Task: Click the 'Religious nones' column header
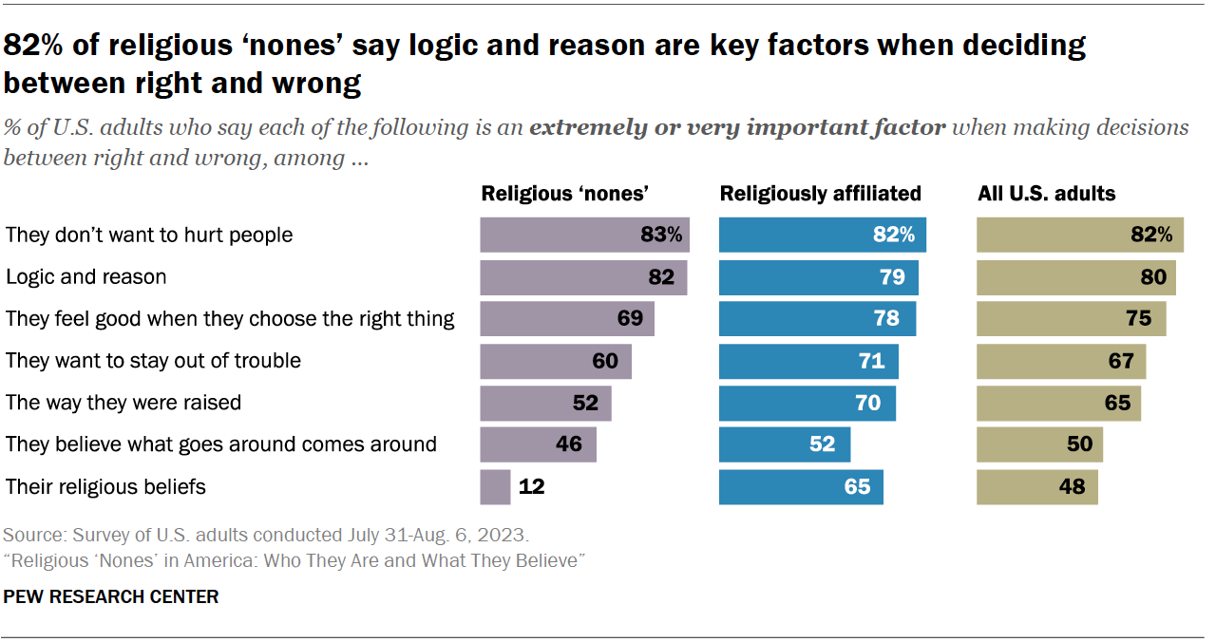(x=564, y=194)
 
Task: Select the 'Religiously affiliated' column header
(x=820, y=194)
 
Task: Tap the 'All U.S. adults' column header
(x=1047, y=194)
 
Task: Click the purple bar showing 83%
(x=584, y=235)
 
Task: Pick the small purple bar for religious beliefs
(x=495, y=487)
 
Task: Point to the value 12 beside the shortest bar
(x=531, y=487)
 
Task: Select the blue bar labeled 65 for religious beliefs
(x=801, y=487)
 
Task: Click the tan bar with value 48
(x=1037, y=487)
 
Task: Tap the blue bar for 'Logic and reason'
(x=818, y=277)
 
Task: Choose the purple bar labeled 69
(x=566, y=319)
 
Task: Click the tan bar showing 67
(x=1061, y=361)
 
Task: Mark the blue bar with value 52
(x=784, y=444)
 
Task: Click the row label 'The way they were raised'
(x=123, y=403)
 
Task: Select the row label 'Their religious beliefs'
(x=105, y=487)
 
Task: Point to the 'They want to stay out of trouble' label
(x=153, y=361)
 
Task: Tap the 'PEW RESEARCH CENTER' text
(x=111, y=597)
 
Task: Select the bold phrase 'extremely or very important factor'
(x=737, y=127)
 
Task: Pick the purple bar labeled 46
(x=538, y=444)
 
